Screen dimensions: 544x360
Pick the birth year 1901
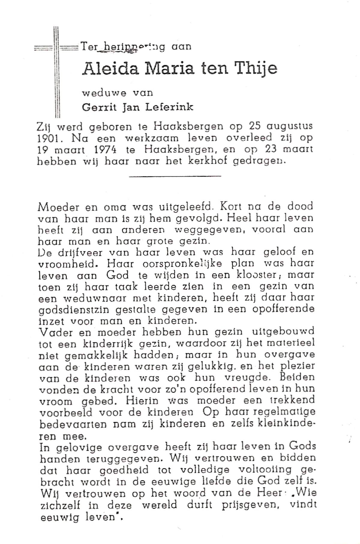pyautogui.click(x=47, y=138)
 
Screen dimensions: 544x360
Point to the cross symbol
pyautogui.click(x=57, y=72)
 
